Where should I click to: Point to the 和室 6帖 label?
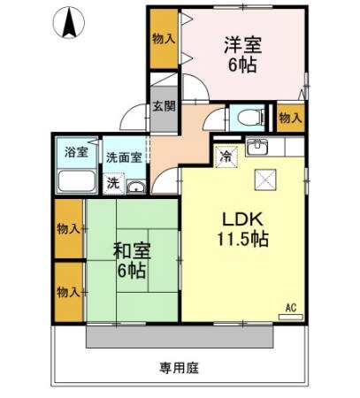(x=131, y=259)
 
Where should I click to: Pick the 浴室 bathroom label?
(x=74, y=152)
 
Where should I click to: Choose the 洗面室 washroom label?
(x=123, y=157)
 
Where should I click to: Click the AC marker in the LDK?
(x=289, y=309)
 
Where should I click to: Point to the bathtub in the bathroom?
(x=77, y=181)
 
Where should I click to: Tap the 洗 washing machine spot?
(x=112, y=183)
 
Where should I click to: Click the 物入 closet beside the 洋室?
(x=163, y=39)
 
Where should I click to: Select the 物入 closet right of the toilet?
(x=289, y=118)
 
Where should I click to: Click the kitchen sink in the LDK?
(x=258, y=147)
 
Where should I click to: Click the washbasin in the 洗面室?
(x=135, y=187)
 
